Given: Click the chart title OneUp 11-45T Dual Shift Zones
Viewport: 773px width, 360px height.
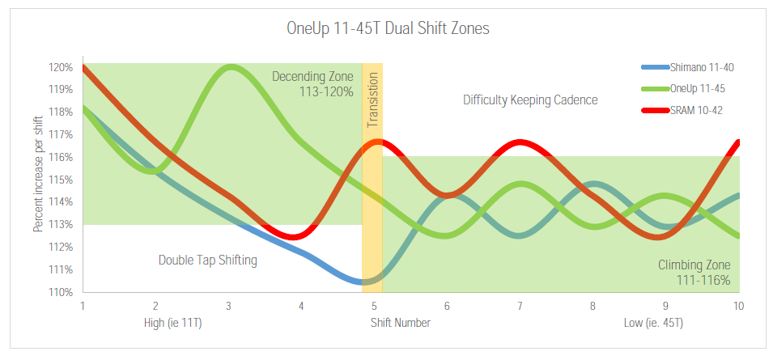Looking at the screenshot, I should tap(388, 28).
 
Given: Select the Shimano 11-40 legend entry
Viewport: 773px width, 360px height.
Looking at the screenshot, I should tap(702, 67).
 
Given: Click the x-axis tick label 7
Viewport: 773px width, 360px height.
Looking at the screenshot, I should tap(520, 307).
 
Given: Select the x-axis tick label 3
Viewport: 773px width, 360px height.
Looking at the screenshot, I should tap(229, 307).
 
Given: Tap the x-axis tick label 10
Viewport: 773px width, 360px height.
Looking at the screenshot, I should tap(737, 307).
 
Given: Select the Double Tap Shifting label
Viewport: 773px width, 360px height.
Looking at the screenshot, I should tap(208, 260).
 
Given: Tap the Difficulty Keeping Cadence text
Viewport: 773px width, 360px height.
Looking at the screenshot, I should tap(530, 100).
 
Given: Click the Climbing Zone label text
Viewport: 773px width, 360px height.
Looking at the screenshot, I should tap(694, 265).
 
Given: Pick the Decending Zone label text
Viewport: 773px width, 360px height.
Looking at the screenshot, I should tap(312, 77).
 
